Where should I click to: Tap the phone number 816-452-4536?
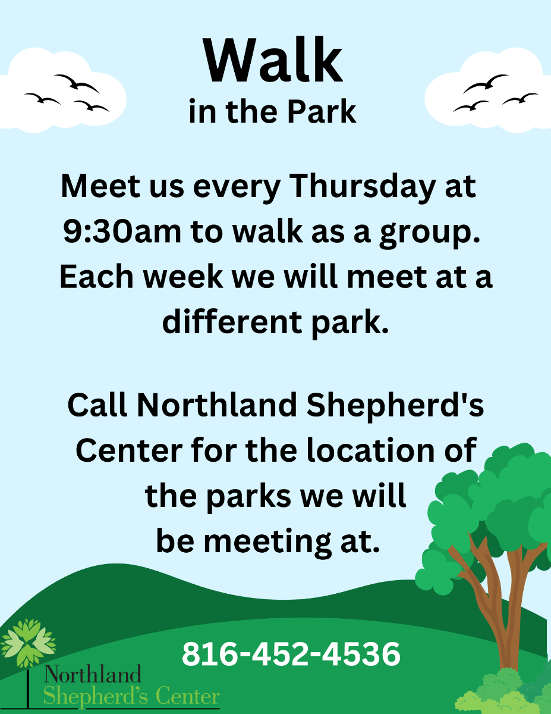click(x=291, y=654)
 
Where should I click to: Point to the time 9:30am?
click(x=122, y=231)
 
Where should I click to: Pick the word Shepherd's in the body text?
click(x=395, y=406)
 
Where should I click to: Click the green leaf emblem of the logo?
click(x=28, y=643)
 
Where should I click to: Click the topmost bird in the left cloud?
click(x=77, y=83)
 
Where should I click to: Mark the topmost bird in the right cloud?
click(x=486, y=82)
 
